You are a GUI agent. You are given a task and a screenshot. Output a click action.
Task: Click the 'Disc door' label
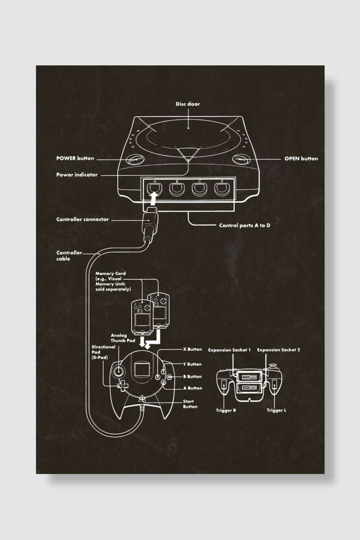point(188,104)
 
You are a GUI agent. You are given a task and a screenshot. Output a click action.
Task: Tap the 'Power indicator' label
point(77,175)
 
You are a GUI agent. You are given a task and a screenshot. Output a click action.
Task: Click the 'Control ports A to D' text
point(244,225)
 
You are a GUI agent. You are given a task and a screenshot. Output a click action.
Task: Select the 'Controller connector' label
point(82,219)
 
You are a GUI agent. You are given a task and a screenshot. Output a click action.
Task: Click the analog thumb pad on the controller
point(118,371)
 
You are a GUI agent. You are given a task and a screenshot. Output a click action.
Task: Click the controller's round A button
point(163,382)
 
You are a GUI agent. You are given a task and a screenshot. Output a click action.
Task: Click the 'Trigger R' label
point(226,410)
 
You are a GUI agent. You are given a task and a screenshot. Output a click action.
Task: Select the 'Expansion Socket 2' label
point(278,350)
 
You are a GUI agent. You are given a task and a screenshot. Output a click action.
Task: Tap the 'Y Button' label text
point(192,364)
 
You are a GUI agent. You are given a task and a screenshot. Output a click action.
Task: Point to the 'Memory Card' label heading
point(110,274)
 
